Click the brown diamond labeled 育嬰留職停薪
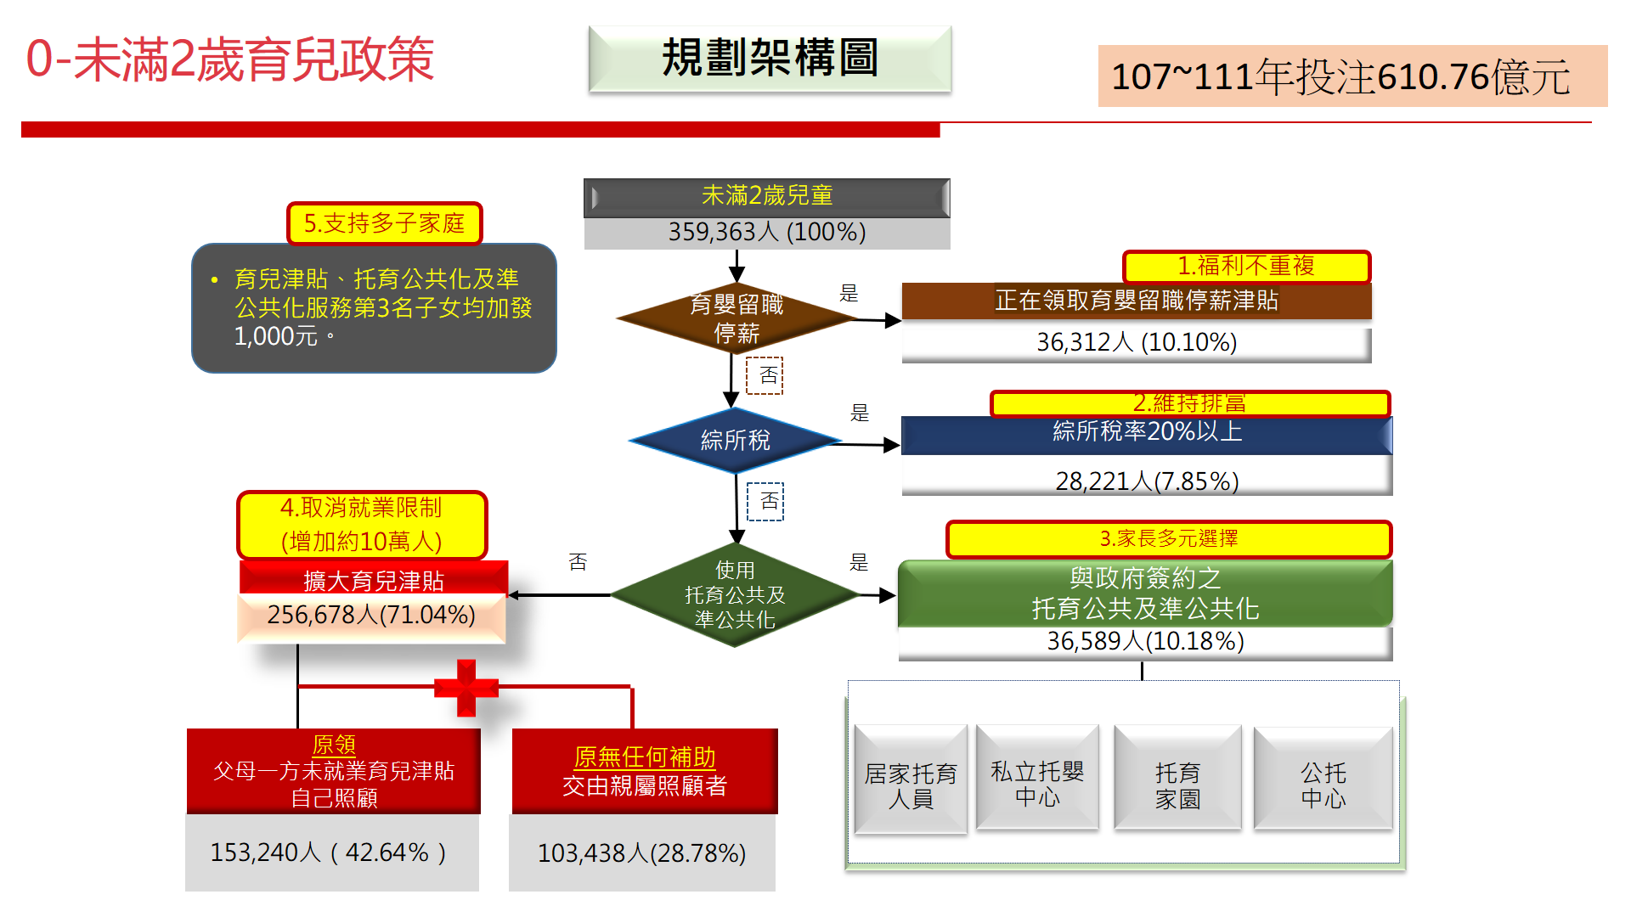(736, 318)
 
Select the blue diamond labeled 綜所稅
(736, 441)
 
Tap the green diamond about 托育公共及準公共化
(736, 595)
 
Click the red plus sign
(466, 688)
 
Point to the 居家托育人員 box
(911, 779)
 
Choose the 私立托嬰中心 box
(1037, 778)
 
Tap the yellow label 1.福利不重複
(1246, 267)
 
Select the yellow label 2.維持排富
(1189, 403)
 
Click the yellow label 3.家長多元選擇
(1169, 539)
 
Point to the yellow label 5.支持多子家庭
(384, 223)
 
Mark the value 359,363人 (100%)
(766, 233)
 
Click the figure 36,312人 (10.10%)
(1137, 343)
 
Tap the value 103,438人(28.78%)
(642, 853)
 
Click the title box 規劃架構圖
(770, 59)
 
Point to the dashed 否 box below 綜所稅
(765, 501)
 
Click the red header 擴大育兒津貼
(374, 580)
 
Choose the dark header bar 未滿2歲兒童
(766, 196)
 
